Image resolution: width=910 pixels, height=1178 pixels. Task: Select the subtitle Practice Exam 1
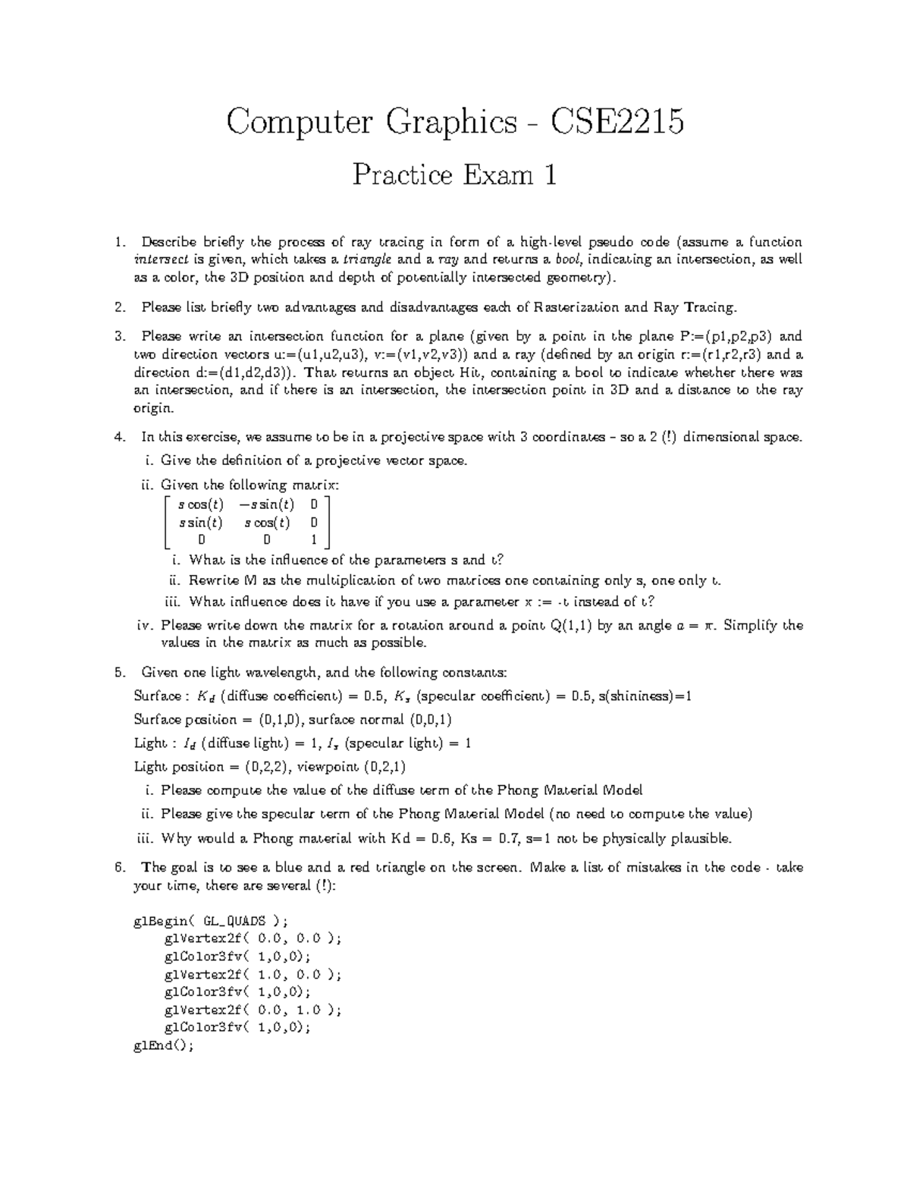click(x=454, y=176)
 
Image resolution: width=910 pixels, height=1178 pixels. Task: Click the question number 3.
click(x=118, y=336)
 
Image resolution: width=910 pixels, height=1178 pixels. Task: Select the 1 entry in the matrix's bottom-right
click(x=314, y=540)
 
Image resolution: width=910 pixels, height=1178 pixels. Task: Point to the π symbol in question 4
click(x=711, y=626)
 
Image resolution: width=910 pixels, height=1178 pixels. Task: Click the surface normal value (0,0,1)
click(x=431, y=719)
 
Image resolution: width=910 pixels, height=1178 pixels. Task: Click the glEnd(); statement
click(x=163, y=1044)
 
